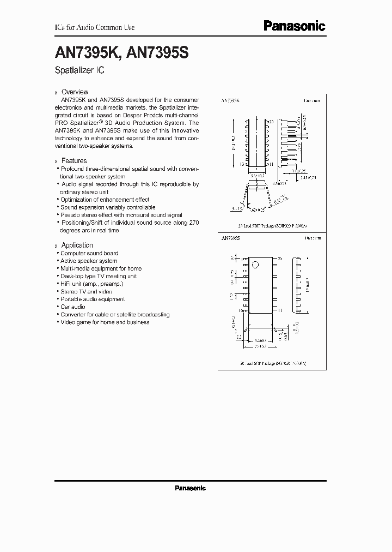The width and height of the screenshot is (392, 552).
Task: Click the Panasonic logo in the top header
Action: click(x=294, y=26)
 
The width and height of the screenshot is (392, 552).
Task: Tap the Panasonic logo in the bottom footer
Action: click(x=190, y=488)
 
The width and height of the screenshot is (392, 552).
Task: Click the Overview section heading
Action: click(x=75, y=92)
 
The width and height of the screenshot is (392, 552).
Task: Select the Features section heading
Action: click(x=73, y=161)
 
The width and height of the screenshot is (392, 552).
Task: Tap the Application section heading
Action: click(x=77, y=245)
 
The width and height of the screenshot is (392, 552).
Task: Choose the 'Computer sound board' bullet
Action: click(x=89, y=254)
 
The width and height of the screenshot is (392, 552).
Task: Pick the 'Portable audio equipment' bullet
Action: click(x=92, y=299)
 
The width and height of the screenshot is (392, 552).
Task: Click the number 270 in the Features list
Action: click(x=193, y=223)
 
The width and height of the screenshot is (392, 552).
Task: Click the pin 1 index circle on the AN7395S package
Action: click(x=253, y=266)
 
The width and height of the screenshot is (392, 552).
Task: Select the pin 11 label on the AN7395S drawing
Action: click(x=280, y=310)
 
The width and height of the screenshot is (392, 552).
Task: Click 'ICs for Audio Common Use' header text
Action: click(x=95, y=27)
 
